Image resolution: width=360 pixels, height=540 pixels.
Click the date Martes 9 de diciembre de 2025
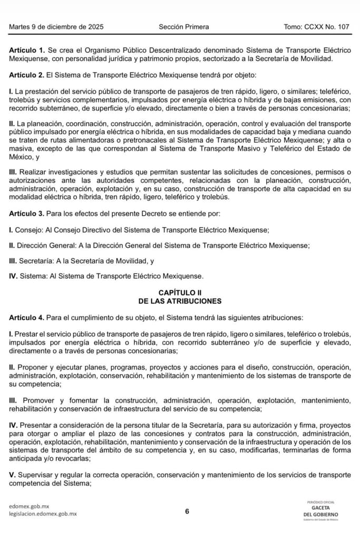(x=56, y=27)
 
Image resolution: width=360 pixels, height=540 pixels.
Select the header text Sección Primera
(x=183, y=27)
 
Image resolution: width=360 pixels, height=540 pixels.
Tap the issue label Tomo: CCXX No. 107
(x=316, y=27)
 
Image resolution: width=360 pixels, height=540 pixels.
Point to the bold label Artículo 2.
(x=27, y=74)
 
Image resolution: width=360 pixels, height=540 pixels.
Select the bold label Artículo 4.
(x=27, y=318)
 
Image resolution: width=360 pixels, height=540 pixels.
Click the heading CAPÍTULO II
(x=180, y=292)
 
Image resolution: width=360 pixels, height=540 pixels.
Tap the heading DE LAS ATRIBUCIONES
(x=180, y=301)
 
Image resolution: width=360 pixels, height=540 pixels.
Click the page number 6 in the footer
(x=187, y=510)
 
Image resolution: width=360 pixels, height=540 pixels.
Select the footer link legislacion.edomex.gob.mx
(x=43, y=514)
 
